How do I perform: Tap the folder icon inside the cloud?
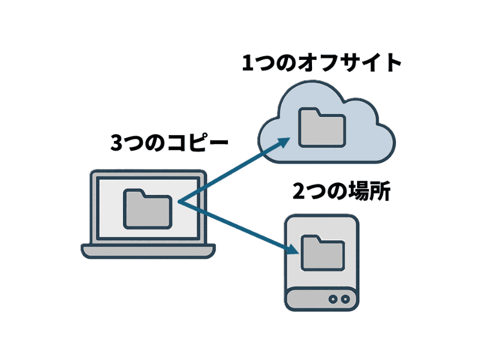pyautogui.click(x=322, y=128)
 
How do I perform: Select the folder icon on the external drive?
pyautogui.click(x=323, y=253)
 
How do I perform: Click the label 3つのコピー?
pyautogui.click(x=170, y=143)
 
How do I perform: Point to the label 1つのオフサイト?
pyautogui.click(x=321, y=63)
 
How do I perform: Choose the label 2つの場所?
pyautogui.click(x=342, y=191)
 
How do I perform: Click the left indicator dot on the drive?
pyautogui.click(x=334, y=298)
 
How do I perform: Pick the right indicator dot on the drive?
pyautogui.click(x=345, y=298)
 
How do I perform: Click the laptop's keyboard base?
pyautogui.click(x=148, y=251)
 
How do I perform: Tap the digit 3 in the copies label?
pyautogui.click(x=118, y=143)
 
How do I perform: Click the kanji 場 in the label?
pyautogui.click(x=360, y=191)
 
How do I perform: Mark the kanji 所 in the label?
pyautogui.click(x=380, y=191)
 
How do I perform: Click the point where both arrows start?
pyautogui.click(x=178, y=203)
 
